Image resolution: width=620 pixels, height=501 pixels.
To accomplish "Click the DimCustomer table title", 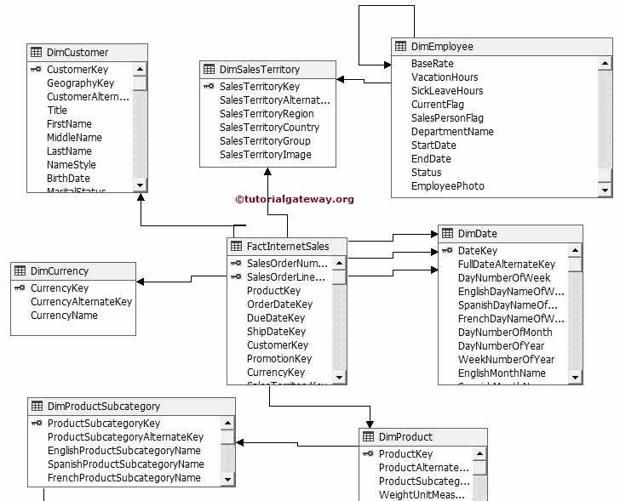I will [x=77, y=53].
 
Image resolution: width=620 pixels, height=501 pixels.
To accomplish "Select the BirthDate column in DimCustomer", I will [x=68, y=179].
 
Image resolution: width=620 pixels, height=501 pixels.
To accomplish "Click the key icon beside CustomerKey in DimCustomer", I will [x=37, y=70].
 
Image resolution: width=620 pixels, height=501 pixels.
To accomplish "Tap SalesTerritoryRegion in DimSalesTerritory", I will [x=267, y=114].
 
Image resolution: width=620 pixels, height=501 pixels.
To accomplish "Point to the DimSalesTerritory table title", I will [x=259, y=70].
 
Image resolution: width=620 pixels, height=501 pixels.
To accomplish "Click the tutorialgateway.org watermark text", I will [x=294, y=199].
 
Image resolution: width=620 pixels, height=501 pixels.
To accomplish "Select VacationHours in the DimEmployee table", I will [x=445, y=77].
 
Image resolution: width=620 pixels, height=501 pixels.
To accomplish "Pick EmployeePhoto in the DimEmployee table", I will [x=447, y=186].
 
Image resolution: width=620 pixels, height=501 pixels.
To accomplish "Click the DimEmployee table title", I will [x=442, y=47].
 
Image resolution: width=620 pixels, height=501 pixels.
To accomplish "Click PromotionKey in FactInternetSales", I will [x=279, y=359].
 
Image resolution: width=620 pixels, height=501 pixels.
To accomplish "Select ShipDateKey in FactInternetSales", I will [x=276, y=332].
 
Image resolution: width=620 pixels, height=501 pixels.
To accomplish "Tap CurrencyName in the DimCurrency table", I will [x=64, y=316].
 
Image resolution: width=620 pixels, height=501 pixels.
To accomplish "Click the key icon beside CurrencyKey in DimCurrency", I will [x=20, y=288].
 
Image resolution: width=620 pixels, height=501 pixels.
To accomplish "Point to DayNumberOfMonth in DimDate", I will [x=505, y=333].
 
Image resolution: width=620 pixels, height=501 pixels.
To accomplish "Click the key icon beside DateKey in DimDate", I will [x=447, y=251].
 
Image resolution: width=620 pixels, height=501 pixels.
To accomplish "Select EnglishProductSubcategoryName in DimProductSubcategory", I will [x=124, y=451].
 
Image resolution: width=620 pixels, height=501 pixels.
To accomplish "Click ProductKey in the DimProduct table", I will [x=405, y=454].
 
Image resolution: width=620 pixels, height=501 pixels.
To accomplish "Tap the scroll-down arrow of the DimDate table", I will [x=575, y=377].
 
